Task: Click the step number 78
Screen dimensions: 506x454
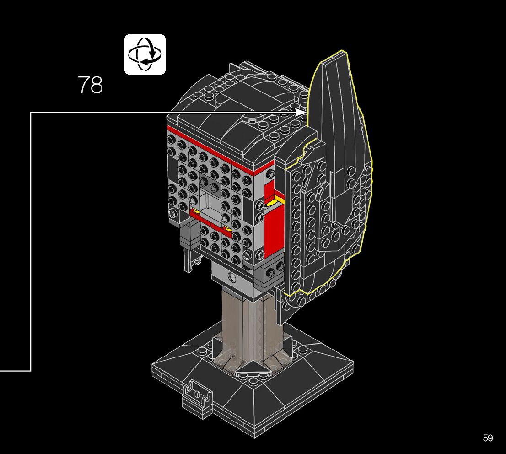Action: [91, 85]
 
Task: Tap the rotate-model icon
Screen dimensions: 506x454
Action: [145, 54]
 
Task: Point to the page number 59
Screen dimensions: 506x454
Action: [488, 438]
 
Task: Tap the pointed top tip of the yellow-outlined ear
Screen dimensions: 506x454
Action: [343, 51]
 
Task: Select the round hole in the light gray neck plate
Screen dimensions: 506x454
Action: [232, 277]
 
